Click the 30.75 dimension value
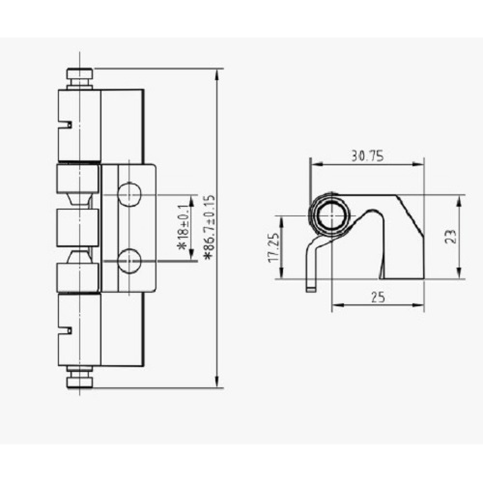367,156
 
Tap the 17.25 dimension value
274,247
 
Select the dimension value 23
450,237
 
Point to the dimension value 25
378,298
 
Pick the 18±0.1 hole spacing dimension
185,227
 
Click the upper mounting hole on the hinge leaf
129,194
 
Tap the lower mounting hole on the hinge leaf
129,260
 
